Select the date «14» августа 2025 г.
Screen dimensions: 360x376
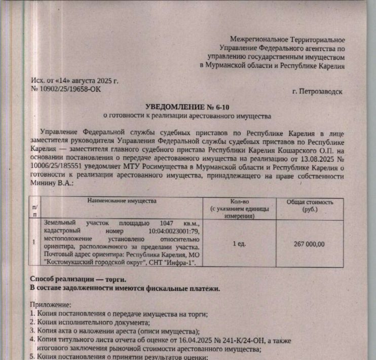(90, 81)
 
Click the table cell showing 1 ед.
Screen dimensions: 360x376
(239, 244)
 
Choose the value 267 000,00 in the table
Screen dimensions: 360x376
(309, 244)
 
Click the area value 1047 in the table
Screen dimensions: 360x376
(167, 223)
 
